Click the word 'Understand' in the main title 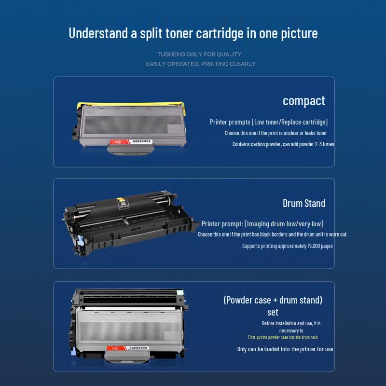coord(98,33)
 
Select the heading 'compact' coord(304,101)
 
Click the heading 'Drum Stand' coord(304,203)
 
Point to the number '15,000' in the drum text coord(313,246)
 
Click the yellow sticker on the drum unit coord(120,200)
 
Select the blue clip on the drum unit coord(80,241)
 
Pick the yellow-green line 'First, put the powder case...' coord(283,337)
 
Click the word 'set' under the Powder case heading coord(273,312)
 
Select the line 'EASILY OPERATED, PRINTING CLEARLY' coord(201,64)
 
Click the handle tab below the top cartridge coord(131,150)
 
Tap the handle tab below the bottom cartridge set coord(127,357)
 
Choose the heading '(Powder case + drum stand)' coord(273,300)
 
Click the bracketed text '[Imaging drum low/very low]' coord(284,224)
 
